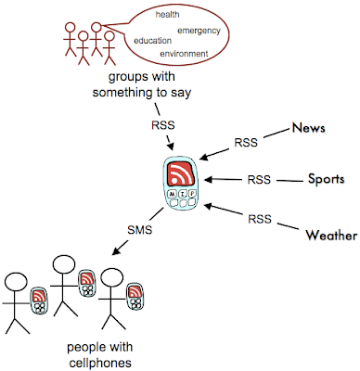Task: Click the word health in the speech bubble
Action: tap(167, 15)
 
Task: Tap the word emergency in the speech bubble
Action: tap(199, 31)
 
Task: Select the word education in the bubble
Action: tap(153, 41)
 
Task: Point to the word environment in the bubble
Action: tap(184, 54)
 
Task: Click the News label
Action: tap(309, 128)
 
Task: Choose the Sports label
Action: tap(326, 179)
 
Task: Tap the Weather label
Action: tap(331, 236)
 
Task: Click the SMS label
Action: tap(140, 230)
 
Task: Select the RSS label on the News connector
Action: tap(246, 143)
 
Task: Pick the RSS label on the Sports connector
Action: tap(259, 180)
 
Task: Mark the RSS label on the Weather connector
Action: tap(260, 219)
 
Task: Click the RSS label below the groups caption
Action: tap(163, 125)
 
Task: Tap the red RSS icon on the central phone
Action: tap(181, 174)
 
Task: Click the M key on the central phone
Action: tap(172, 194)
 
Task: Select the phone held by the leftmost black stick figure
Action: tap(39, 301)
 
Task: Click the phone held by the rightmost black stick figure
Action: tap(135, 296)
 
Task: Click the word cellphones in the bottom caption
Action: tap(100, 363)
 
